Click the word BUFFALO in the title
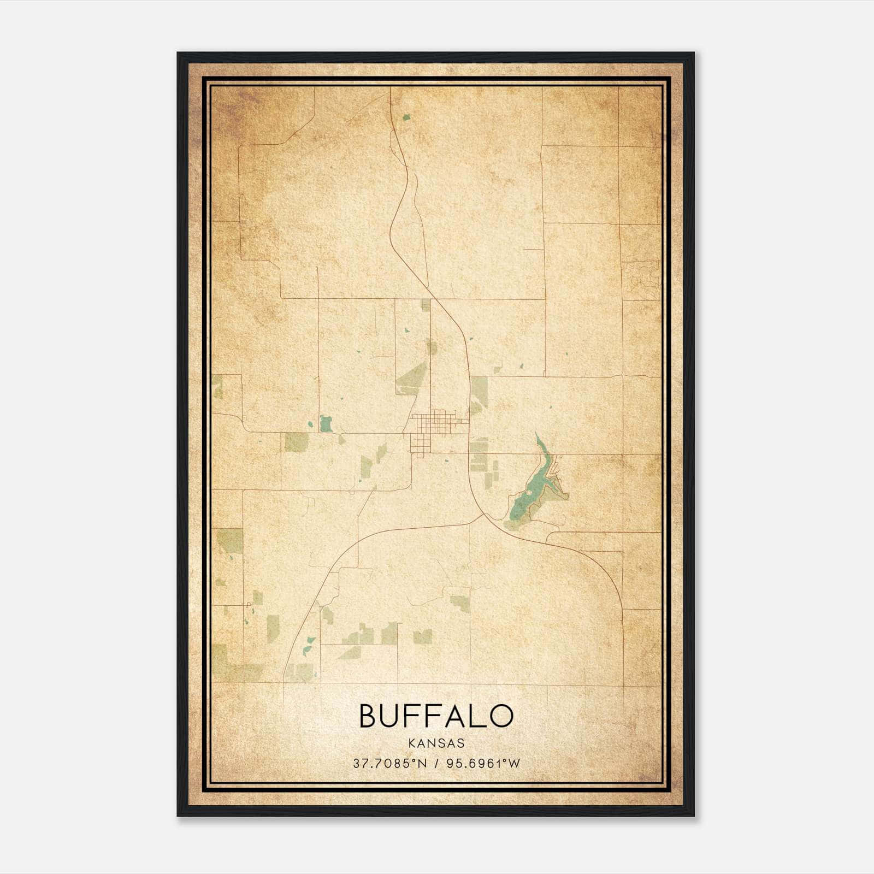[x=436, y=716]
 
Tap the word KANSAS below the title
[x=436, y=743]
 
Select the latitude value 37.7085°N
[x=388, y=763]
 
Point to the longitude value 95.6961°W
[x=483, y=763]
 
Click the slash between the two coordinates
[x=436, y=763]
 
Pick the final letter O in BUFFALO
[x=501, y=716]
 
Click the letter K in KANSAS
[x=410, y=743]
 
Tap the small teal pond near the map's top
[x=406, y=116]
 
